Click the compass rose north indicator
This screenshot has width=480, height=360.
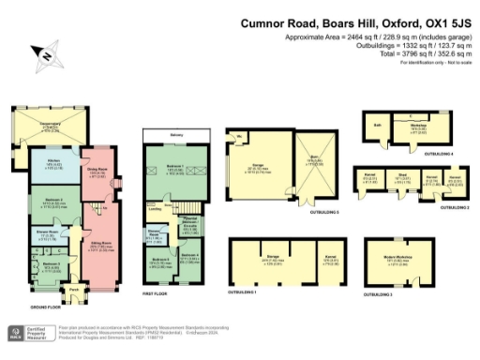click(45, 57)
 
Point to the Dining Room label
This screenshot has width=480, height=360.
click(97, 172)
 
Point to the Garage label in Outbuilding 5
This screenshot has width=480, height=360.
click(254, 169)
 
